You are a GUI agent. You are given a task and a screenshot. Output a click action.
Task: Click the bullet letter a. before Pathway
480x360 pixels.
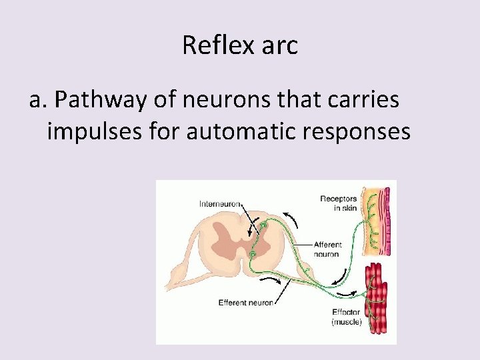pos(39,100)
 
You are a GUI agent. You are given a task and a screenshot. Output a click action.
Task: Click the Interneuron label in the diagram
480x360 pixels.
pos(220,204)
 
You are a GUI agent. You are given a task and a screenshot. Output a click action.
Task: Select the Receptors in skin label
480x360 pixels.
pos(338,203)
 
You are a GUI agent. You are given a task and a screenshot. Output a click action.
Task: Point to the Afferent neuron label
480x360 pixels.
pos(327,249)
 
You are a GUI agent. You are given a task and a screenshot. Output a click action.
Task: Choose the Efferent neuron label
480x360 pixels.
pos(245,303)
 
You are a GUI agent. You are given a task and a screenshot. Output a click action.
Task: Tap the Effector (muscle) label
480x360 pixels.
pos(347,317)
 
